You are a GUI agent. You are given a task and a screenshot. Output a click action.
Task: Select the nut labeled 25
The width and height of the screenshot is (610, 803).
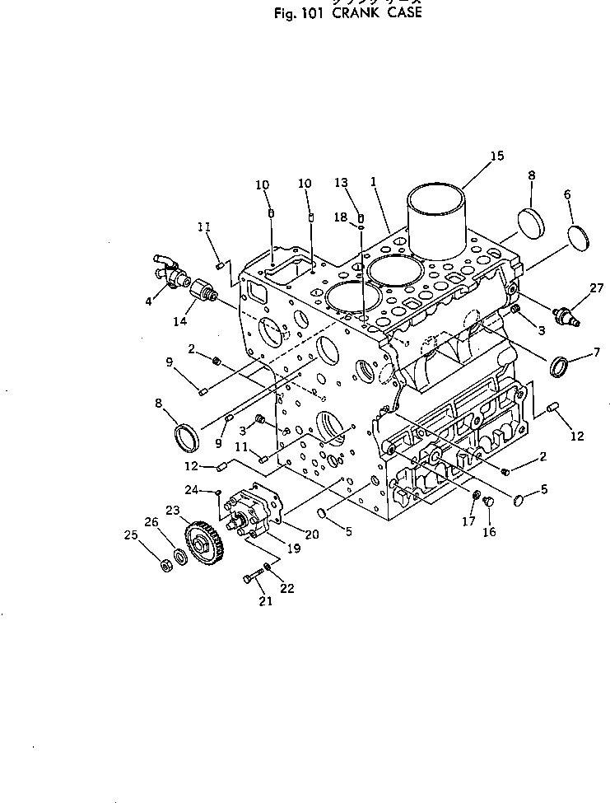click(x=164, y=566)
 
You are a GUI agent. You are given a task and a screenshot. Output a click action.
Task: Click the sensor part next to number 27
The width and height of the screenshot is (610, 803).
click(x=566, y=315)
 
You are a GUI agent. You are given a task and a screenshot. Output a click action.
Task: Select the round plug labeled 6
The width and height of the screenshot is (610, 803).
click(x=580, y=237)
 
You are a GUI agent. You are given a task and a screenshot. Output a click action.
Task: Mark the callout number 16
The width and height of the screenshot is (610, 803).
click(x=489, y=533)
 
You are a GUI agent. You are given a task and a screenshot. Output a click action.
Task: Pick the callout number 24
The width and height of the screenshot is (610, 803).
click(x=190, y=489)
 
